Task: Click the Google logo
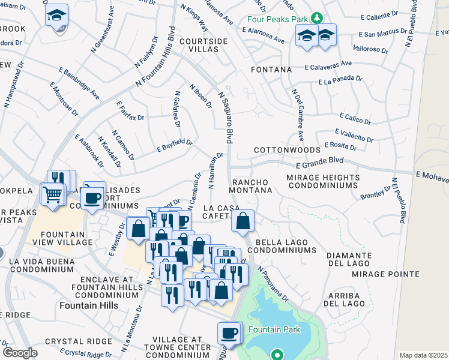[x=20, y=353]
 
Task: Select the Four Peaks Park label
[x=277, y=19]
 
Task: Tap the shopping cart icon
[x=52, y=193]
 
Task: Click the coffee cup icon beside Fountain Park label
[x=229, y=332]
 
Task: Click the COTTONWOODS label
[x=287, y=149]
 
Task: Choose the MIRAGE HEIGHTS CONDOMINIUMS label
[x=323, y=182]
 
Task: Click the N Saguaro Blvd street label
[x=226, y=117]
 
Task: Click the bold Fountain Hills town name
[x=89, y=305]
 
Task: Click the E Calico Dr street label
[x=357, y=116]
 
